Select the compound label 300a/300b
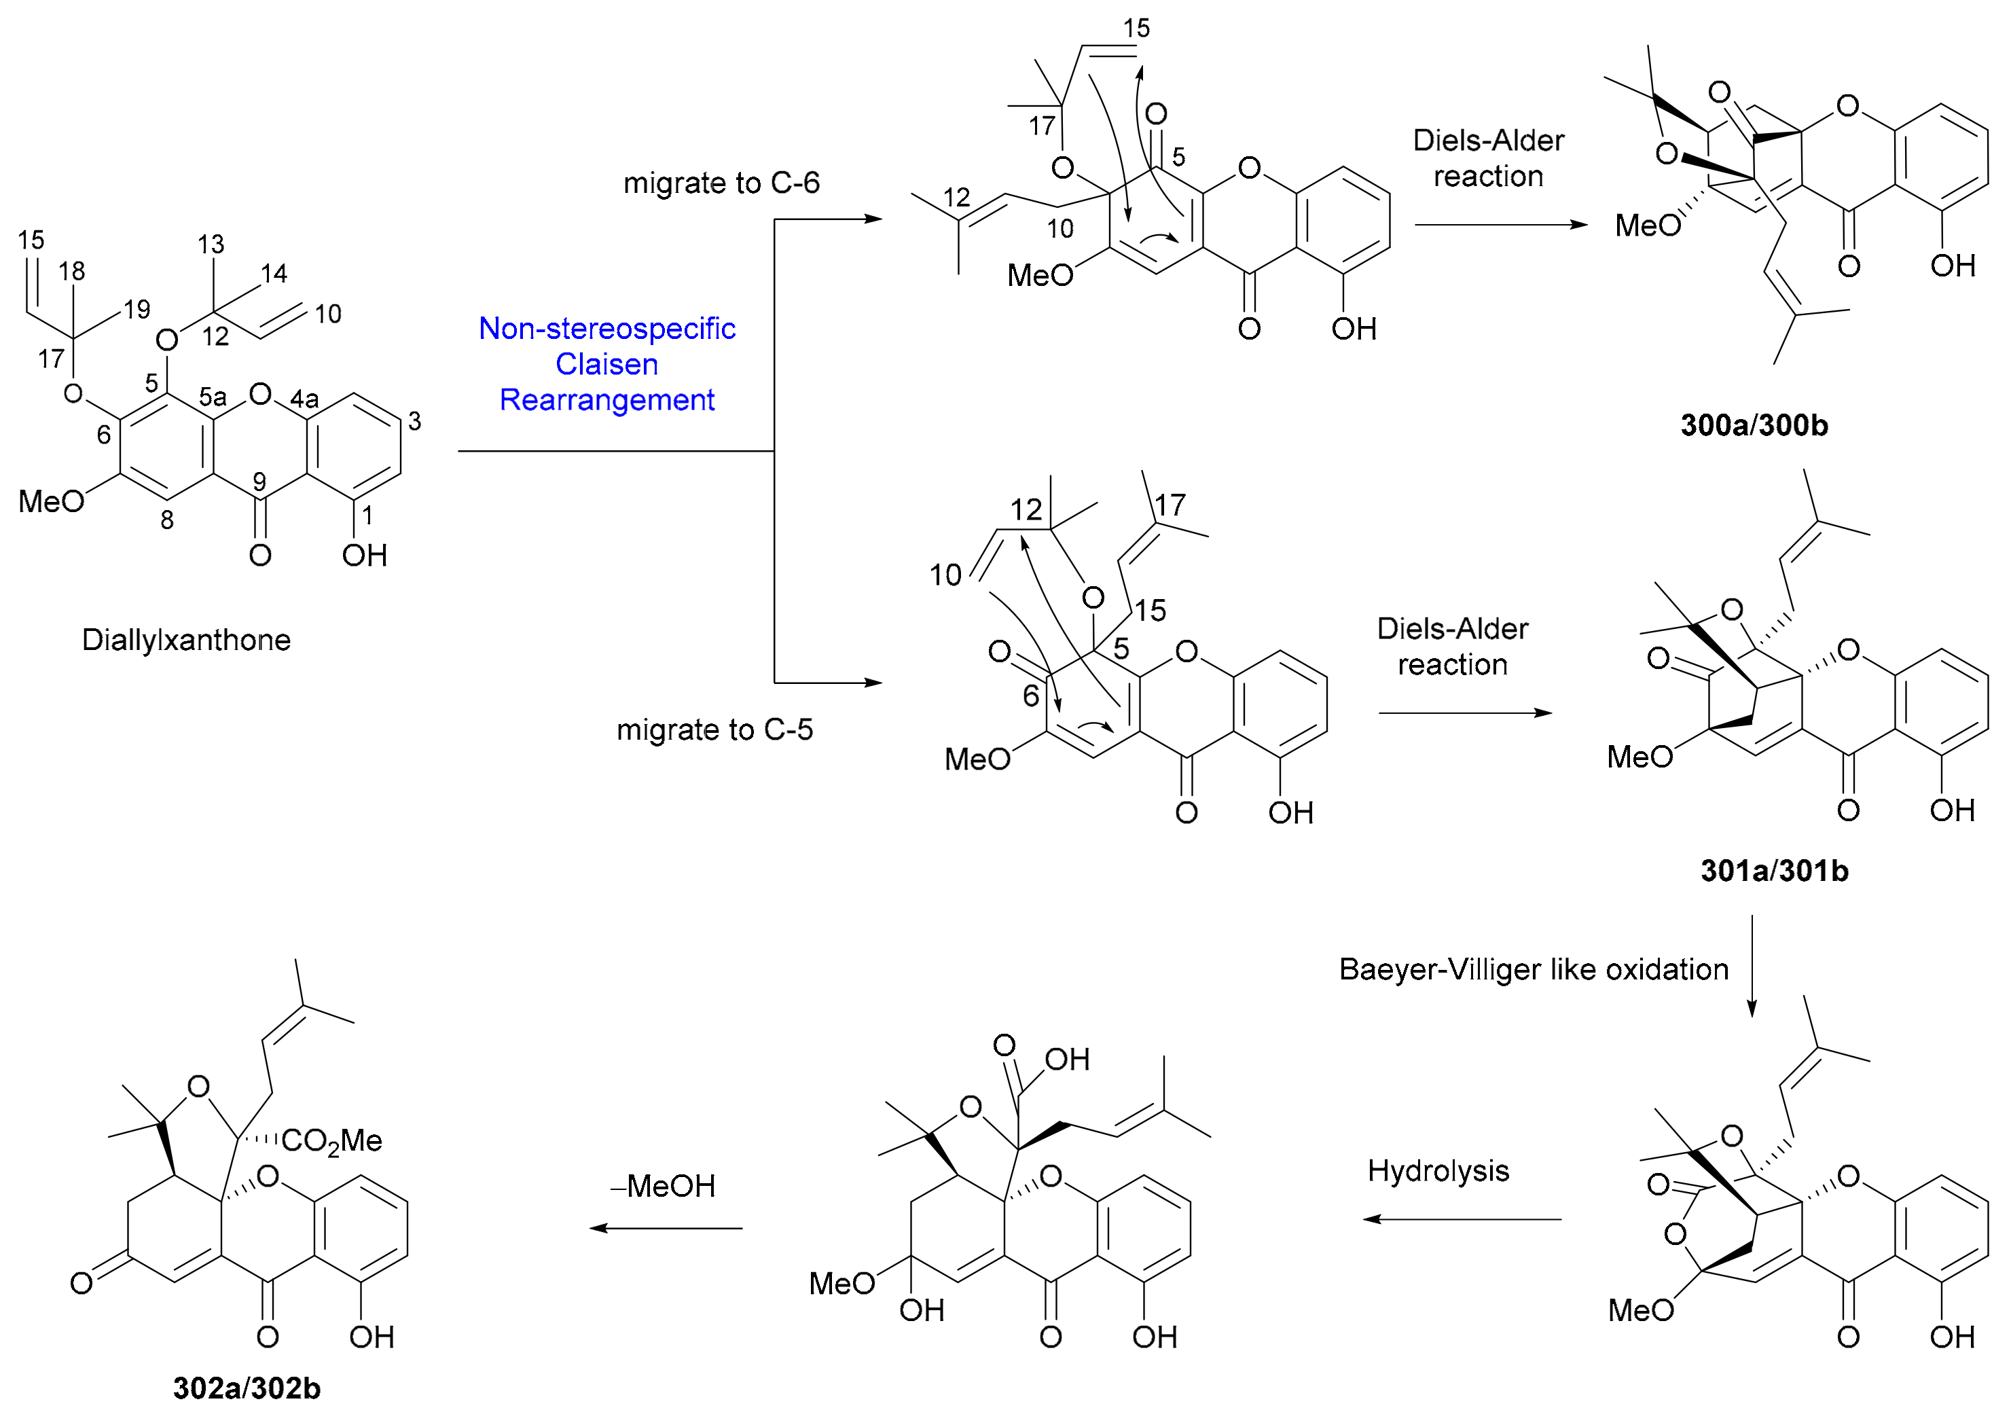(x=1754, y=425)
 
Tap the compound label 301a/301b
(x=1774, y=870)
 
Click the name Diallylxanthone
(x=185, y=640)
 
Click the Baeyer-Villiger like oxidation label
(x=1534, y=969)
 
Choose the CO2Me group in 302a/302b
(x=332, y=1141)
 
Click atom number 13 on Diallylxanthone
(x=211, y=244)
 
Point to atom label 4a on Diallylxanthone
(x=304, y=399)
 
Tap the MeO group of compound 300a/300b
(x=1647, y=225)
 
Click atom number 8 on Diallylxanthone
(x=166, y=520)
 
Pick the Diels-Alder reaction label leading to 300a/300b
(x=1488, y=158)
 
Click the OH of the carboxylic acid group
(x=1067, y=1060)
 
